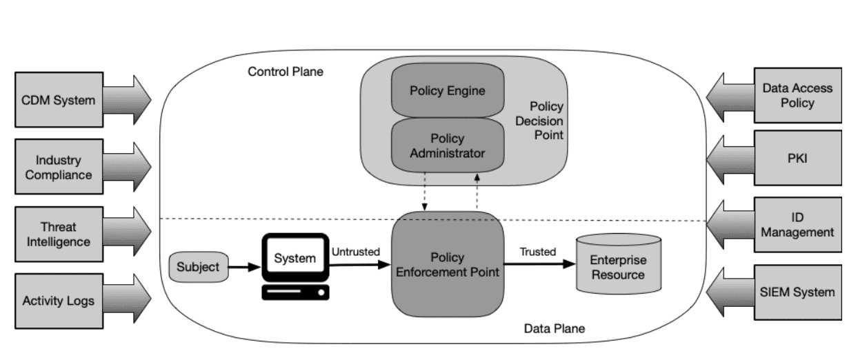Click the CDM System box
click(x=59, y=100)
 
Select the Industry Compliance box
click(x=59, y=168)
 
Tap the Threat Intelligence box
click(x=59, y=234)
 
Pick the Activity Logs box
click(x=59, y=301)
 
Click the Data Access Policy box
click(x=797, y=95)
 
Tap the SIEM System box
click(x=797, y=292)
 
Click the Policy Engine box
click(x=447, y=90)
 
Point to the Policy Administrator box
click(x=447, y=146)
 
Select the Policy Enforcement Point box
click(x=447, y=265)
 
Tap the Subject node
click(x=198, y=266)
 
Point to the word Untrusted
click(x=355, y=252)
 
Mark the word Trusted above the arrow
click(x=538, y=252)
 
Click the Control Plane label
click(x=285, y=72)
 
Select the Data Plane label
click(x=554, y=328)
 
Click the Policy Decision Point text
click(x=546, y=121)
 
